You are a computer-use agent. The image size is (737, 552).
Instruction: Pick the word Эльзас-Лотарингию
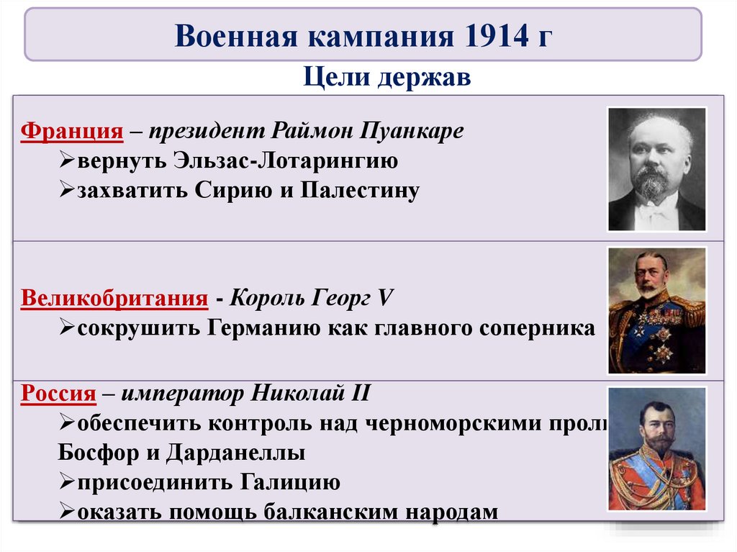point(285,161)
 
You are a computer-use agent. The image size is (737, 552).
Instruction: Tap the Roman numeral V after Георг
point(388,298)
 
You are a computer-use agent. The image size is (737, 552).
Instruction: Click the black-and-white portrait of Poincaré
point(656,169)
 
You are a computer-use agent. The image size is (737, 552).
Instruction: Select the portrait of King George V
point(656,310)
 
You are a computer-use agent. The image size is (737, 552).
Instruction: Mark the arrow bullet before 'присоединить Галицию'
point(66,482)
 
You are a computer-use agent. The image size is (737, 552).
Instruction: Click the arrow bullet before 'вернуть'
point(66,161)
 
